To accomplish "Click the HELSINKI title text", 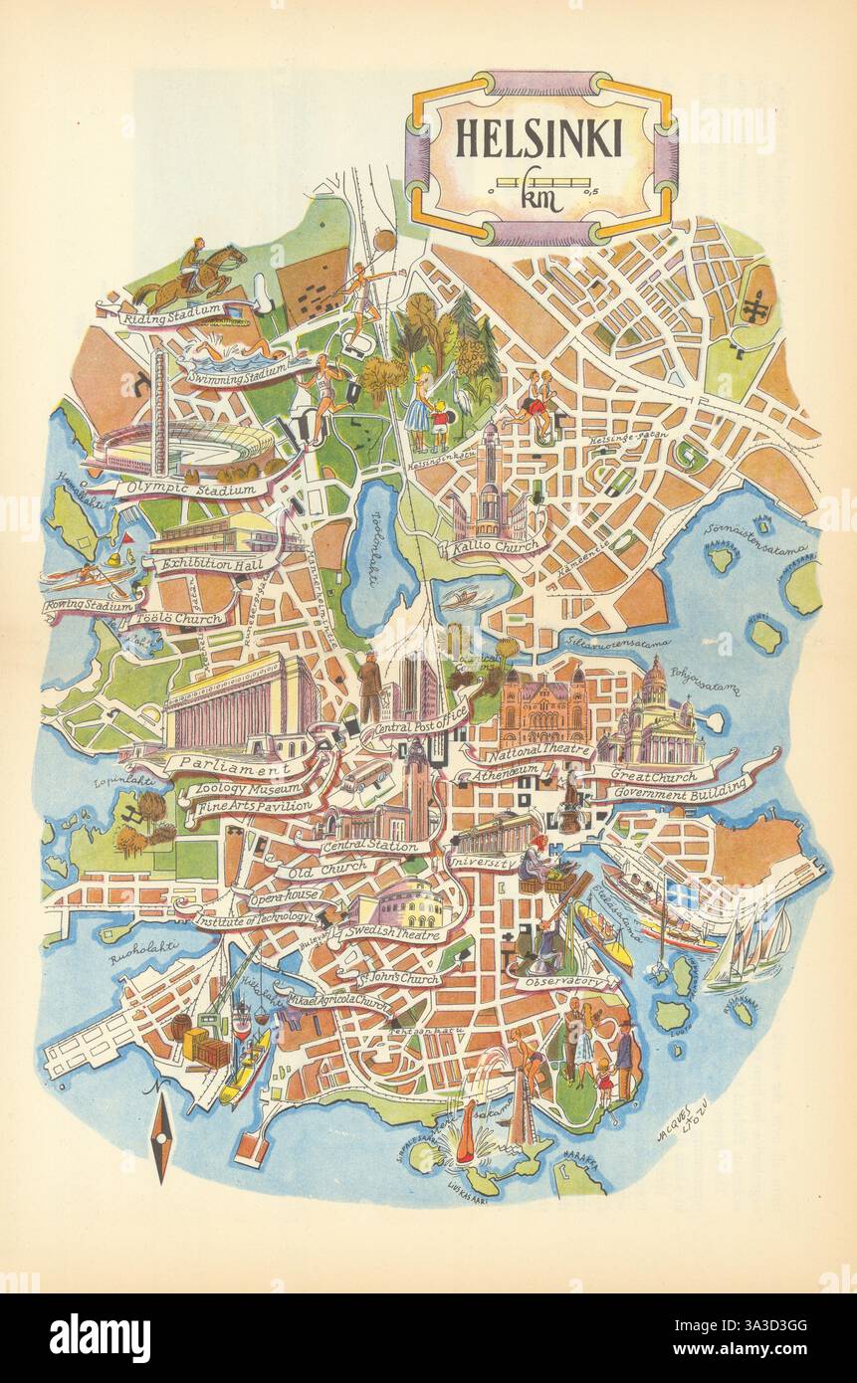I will [x=538, y=138].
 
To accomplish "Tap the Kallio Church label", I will [x=495, y=546].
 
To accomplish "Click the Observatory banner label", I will [x=563, y=981].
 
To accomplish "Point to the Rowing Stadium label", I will [x=88, y=605].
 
